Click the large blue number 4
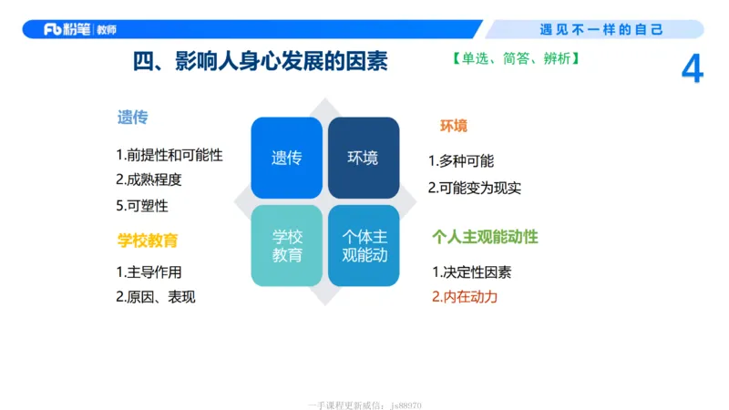coord(693,70)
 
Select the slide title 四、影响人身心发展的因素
coord(260,61)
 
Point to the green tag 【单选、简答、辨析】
coord(515,59)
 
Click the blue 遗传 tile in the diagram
coord(286,158)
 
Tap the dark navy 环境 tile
coord(363,158)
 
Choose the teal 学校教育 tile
coord(286,245)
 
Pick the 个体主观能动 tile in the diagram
coord(363,245)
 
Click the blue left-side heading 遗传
coord(132,118)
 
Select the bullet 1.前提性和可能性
coord(169,155)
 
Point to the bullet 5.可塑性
coord(142,205)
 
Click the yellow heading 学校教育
coord(148,241)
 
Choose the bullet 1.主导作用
coord(149,272)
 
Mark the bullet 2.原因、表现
coord(156,296)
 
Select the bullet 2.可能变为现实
coord(475,188)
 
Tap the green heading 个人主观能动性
coord(485,237)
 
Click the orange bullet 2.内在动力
coord(465,296)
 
